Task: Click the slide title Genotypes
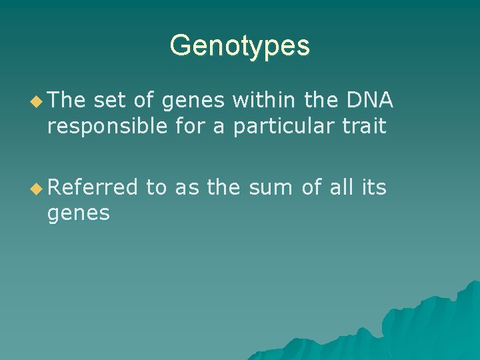tap(239, 46)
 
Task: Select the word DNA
tap(371, 100)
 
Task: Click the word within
tap(264, 100)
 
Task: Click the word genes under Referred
tap(78, 214)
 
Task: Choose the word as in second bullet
tap(187, 189)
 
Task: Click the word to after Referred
tap(156, 188)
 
